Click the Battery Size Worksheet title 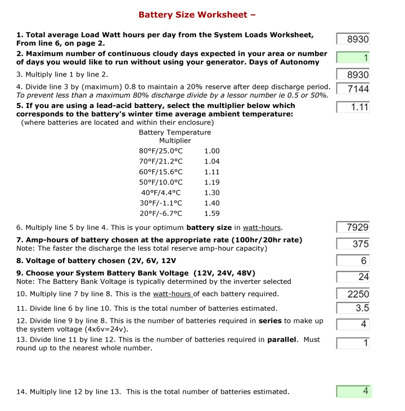197,14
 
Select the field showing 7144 353,89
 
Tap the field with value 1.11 353,107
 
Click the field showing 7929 353,227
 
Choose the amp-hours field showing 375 353,244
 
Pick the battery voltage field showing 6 353,261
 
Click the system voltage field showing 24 353,277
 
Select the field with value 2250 353,294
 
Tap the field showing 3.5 353,308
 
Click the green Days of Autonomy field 353,57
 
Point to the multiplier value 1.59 212,213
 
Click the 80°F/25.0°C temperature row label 161,151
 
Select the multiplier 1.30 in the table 212,193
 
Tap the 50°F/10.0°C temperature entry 161,182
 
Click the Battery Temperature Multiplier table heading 175,137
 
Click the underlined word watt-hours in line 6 262,228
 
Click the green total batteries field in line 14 353,391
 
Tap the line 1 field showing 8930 353,39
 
